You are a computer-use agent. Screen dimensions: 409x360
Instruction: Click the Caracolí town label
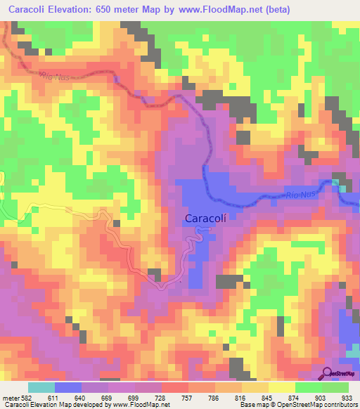pos(205,219)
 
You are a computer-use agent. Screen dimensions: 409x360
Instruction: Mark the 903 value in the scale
pos(321,398)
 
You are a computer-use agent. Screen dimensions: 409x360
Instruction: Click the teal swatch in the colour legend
pos(41,387)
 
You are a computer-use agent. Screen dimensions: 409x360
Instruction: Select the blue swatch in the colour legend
pos(68,387)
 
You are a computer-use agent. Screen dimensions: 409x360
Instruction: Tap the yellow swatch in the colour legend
pos(281,387)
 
